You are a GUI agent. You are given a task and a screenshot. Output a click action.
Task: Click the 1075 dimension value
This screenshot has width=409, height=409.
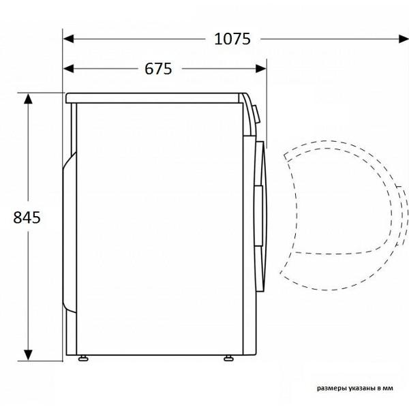232,39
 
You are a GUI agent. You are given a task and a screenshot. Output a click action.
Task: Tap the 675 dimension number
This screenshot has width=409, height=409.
158,69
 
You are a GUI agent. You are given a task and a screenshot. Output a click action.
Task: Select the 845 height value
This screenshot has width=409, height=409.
27,217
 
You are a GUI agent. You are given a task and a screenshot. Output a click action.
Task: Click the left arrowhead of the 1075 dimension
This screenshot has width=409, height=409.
68,39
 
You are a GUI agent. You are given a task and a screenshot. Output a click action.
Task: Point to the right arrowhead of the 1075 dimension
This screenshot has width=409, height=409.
404,39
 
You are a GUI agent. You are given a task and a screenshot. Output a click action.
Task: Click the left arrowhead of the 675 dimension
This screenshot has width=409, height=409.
68,69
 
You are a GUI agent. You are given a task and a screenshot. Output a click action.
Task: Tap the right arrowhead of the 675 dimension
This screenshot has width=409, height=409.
261,69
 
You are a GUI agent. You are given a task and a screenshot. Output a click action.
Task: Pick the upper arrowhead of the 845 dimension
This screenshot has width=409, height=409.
28,99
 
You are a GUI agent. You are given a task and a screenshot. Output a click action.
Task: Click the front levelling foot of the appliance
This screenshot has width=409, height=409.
229,358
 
